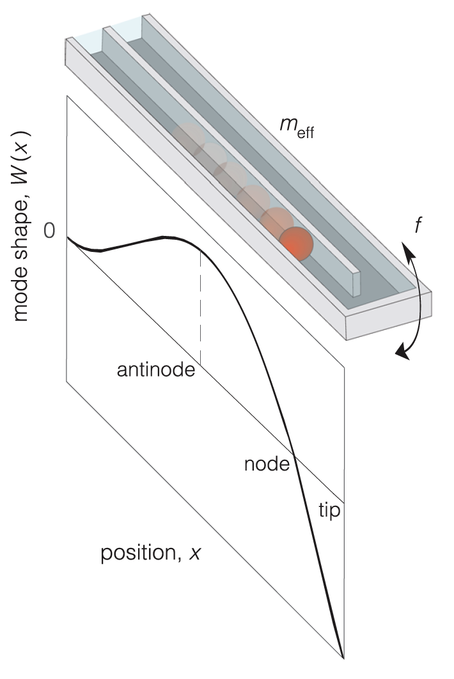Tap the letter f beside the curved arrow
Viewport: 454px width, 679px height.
pyautogui.click(x=416, y=226)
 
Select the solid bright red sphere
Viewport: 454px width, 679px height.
pyautogui.click(x=297, y=243)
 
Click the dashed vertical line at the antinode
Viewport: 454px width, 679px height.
pyautogui.click(x=201, y=307)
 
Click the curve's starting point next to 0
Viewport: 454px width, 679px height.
pyautogui.click(x=68, y=237)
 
